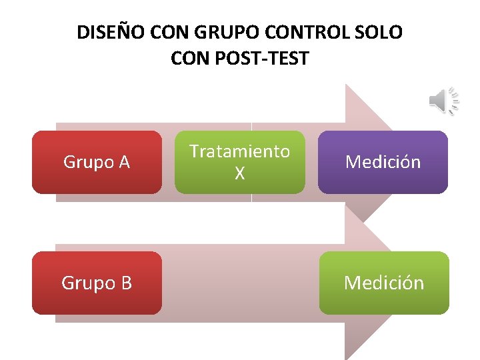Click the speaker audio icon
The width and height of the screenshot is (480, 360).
tap(443, 101)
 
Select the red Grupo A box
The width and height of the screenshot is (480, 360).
tap(97, 162)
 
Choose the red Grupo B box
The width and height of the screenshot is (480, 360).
tap(97, 283)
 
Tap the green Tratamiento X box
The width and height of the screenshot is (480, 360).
tap(239, 162)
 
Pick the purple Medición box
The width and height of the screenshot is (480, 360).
tap(383, 162)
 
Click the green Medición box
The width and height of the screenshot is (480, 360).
tap(384, 283)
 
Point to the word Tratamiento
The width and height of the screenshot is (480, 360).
tap(239, 151)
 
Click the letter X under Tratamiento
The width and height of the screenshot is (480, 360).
tap(239, 174)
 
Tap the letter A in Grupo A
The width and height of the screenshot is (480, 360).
tap(123, 162)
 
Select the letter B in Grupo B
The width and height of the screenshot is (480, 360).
tap(125, 283)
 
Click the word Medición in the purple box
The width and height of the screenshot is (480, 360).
tap(383, 162)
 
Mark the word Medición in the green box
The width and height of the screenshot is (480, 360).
tap(384, 283)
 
